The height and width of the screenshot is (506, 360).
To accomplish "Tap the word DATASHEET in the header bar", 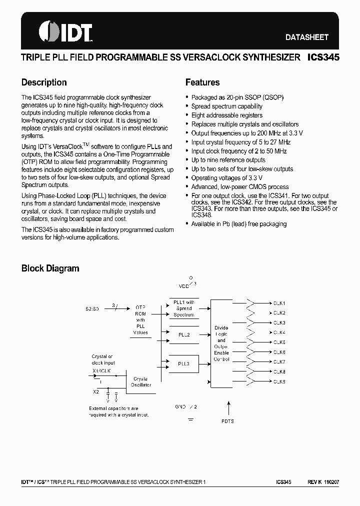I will (306, 37).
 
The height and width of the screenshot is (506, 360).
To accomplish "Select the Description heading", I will (44, 82).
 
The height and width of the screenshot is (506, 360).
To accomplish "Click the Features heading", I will (202, 82).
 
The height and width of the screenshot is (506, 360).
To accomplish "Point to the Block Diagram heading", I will (50, 268).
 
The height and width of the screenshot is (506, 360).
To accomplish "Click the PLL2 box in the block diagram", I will (184, 334).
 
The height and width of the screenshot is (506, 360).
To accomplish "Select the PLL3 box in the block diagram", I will (184, 363).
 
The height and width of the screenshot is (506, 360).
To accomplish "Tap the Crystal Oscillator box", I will (140, 381).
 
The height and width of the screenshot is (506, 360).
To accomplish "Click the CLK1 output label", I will (279, 303).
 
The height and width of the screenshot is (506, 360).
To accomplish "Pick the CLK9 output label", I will (279, 381).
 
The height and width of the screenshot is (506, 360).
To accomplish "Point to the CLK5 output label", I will (279, 342).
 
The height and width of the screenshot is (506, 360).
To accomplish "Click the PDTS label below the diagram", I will (227, 421).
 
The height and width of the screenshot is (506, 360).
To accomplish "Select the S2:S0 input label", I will (91, 309).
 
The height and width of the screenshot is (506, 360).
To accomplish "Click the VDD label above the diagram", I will (184, 285).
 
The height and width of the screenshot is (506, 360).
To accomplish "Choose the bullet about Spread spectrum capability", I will (226, 106).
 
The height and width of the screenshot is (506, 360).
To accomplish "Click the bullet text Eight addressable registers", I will (226, 115).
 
